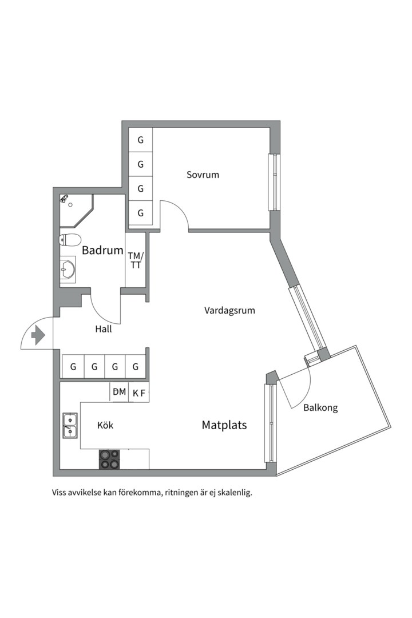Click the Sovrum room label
pyautogui.click(x=203, y=175)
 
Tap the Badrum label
pyautogui.click(x=102, y=250)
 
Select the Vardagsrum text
pyautogui.click(x=229, y=311)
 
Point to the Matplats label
pyautogui.click(x=224, y=425)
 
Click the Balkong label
pyautogui.click(x=320, y=407)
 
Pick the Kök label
pyautogui.click(x=105, y=425)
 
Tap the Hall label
pyautogui.click(x=104, y=329)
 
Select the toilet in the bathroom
pyautogui.click(x=70, y=240)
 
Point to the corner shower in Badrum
pyautogui.click(x=76, y=211)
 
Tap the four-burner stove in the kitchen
pyautogui.click(x=109, y=459)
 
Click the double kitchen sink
pyautogui.click(x=70, y=426)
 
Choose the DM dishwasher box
pyautogui.click(x=119, y=392)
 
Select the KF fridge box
pyautogui.click(x=139, y=393)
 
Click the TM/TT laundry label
pyautogui.click(x=136, y=260)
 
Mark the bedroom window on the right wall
pyautogui.click(x=273, y=182)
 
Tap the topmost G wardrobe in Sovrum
pyautogui.click(x=141, y=140)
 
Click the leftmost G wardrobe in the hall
pyautogui.click(x=73, y=367)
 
